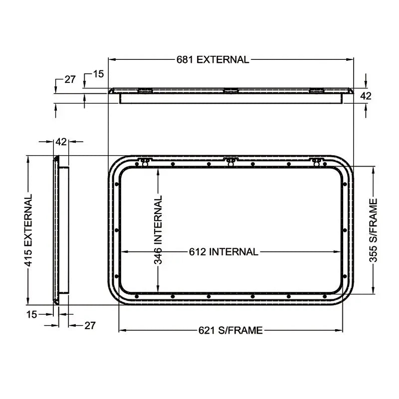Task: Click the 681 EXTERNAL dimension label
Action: [212, 59]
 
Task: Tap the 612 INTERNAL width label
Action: [223, 252]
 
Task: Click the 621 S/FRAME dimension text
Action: [230, 330]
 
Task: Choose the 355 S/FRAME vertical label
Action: [374, 230]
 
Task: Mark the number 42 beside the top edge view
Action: [366, 96]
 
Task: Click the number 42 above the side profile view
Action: [61, 142]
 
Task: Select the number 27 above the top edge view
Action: [70, 79]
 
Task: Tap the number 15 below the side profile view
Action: [31, 314]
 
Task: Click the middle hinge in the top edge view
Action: [230, 91]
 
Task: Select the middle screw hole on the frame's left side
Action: [116, 230]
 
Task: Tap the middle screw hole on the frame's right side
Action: [344, 230]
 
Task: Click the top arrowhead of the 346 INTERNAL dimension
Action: [158, 171]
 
